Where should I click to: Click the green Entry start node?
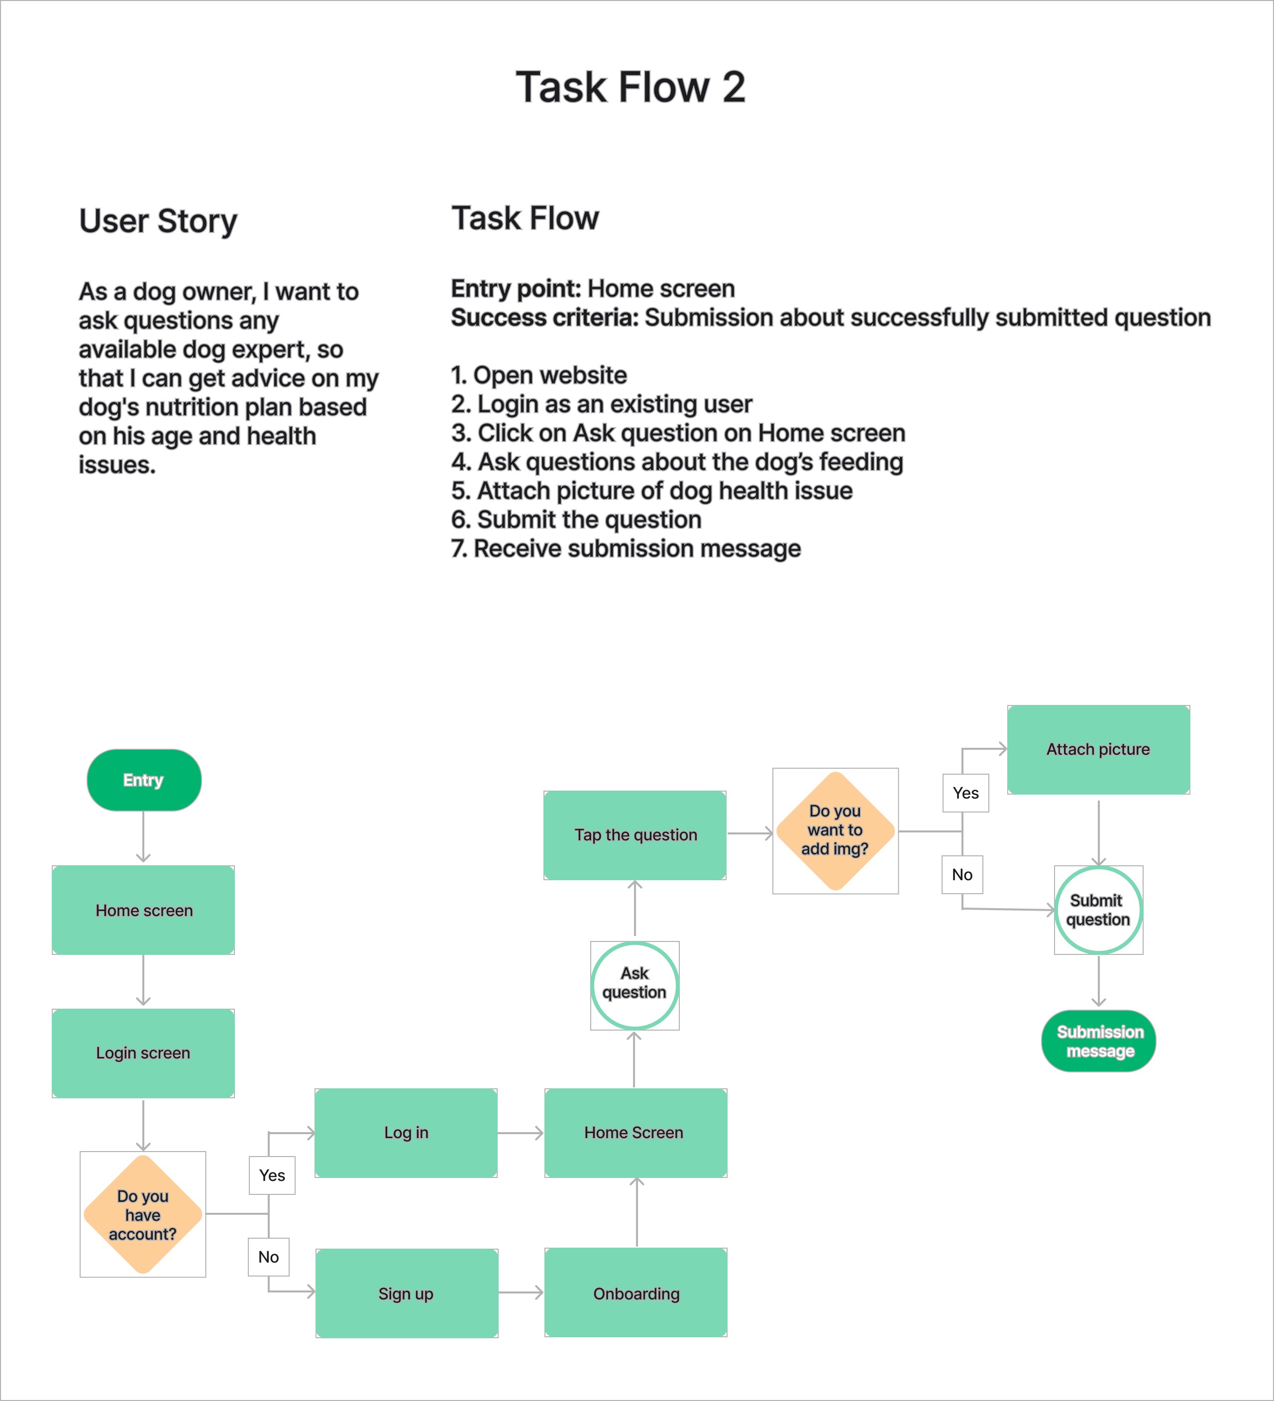144,780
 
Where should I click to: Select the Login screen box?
143,1053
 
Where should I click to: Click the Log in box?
407,1133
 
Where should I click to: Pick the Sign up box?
407,1293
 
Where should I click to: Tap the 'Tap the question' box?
635,834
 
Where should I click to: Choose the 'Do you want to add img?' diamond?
835,830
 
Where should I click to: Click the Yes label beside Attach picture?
965,793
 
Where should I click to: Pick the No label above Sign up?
268,1257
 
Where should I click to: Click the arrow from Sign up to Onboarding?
521,1292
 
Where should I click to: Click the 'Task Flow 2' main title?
630,88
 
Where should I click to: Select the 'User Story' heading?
158,221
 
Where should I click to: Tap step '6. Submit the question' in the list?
576,519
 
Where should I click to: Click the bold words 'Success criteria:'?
544,318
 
